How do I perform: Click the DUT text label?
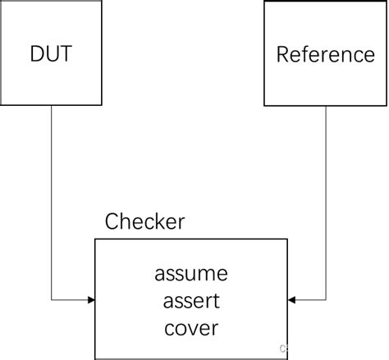(52, 54)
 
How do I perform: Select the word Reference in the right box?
(325, 55)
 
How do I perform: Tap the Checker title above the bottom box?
(144, 221)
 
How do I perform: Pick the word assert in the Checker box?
(191, 300)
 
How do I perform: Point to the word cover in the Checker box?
(191, 328)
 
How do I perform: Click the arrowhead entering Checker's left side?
(90, 300)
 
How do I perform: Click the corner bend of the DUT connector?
(52, 300)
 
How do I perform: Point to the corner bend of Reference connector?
(326, 300)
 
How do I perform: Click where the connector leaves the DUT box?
(52, 106)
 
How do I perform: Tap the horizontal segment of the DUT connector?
(71, 300)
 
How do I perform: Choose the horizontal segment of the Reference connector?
(310, 300)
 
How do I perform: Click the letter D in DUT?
(37, 54)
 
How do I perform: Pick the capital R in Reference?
(282, 55)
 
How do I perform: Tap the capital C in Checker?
(112, 221)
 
